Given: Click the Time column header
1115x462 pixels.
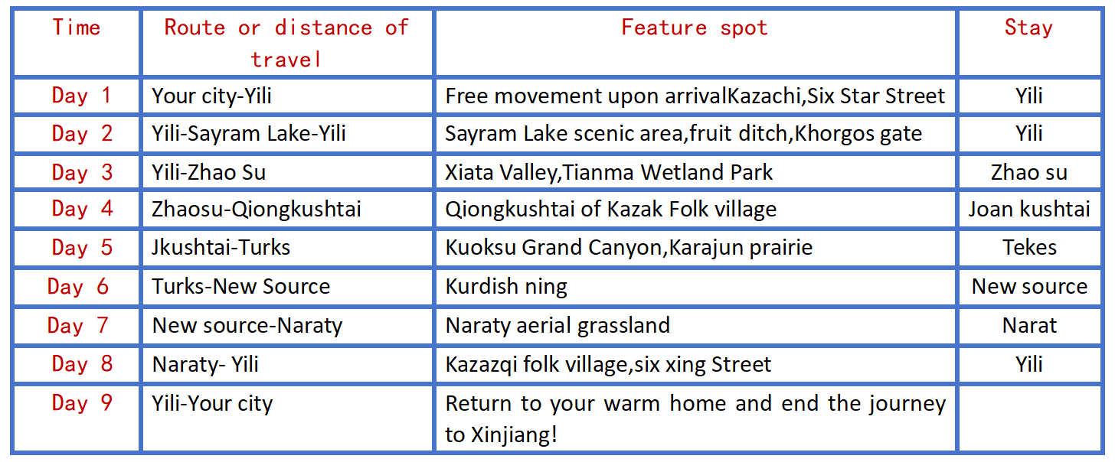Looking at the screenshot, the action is [x=77, y=27].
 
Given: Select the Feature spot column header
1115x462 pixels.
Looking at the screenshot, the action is [x=695, y=28].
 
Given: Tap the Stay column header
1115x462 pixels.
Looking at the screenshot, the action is [x=1028, y=28].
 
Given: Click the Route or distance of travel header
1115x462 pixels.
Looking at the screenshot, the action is [x=286, y=44].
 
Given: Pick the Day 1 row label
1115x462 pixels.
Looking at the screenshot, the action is [x=82, y=96].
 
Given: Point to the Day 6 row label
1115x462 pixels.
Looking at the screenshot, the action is [x=77, y=286].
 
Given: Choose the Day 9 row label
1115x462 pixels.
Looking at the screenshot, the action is [x=82, y=403].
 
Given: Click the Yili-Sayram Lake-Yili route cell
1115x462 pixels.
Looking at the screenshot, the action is [x=249, y=134].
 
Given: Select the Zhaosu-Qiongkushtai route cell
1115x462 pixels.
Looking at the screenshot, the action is [x=257, y=210].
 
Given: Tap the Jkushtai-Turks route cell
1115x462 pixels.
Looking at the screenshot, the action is [x=221, y=247].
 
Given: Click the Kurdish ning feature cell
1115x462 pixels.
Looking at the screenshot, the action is [x=506, y=287].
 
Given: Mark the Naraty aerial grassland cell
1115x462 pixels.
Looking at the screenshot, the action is [x=557, y=326].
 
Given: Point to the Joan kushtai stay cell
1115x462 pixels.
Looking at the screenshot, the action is [x=1029, y=210].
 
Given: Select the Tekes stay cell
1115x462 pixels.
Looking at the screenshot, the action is [x=1029, y=247].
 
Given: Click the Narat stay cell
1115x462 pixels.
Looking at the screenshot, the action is [x=1029, y=325].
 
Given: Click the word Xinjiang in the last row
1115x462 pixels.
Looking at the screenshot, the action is [x=514, y=435].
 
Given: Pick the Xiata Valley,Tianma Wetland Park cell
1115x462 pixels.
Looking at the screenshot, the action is [x=609, y=173].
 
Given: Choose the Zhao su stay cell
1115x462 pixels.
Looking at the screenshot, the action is [x=1029, y=173].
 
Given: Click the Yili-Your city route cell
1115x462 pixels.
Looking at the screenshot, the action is [x=212, y=403].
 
